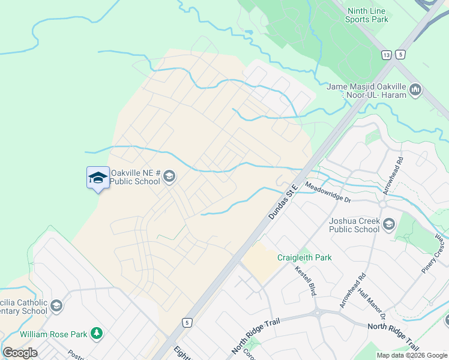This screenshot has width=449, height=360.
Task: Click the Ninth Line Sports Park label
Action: (x=366, y=15)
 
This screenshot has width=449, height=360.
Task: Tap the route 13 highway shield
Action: (x=385, y=55)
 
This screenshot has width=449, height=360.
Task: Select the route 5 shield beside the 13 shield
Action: (x=400, y=55)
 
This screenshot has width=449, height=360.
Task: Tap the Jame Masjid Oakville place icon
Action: (x=415, y=91)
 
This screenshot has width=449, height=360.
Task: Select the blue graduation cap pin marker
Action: (x=98, y=178)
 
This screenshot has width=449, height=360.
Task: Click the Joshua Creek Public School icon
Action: (x=388, y=225)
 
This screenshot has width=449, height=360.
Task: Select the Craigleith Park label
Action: (x=304, y=257)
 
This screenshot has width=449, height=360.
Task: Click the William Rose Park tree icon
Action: (x=96, y=333)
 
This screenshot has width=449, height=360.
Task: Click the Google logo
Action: (x=20, y=352)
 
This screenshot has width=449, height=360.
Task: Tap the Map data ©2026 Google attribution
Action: (x=412, y=355)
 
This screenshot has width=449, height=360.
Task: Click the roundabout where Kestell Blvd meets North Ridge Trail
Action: (x=317, y=313)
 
